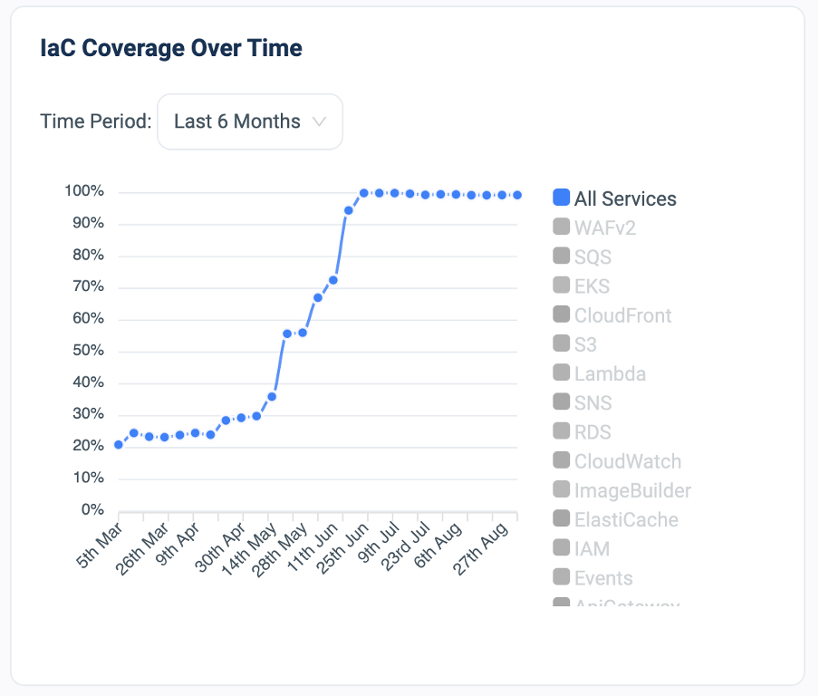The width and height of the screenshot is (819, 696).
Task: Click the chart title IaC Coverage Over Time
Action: click(x=171, y=48)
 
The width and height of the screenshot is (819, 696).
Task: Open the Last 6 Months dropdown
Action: click(x=250, y=121)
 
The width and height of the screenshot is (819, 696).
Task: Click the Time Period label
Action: click(x=96, y=121)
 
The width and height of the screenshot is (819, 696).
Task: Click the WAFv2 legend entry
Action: click(x=604, y=227)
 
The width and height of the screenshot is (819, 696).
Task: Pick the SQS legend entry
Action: click(x=593, y=257)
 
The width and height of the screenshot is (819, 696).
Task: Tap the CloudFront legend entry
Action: click(x=622, y=315)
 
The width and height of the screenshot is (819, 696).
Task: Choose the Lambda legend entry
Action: click(x=609, y=373)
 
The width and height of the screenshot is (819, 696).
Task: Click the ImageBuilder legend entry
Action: click(x=632, y=490)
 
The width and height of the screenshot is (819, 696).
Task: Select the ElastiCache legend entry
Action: click(x=626, y=519)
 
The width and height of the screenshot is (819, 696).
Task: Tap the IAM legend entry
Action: click(x=592, y=548)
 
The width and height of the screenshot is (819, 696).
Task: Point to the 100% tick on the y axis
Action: click(x=84, y=191)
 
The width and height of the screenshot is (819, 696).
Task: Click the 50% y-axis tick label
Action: click(x=87, y=351)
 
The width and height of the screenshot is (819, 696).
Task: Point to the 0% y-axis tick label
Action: click(x=92, y=509)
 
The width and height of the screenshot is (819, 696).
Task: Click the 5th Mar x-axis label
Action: click(x=101, y=547)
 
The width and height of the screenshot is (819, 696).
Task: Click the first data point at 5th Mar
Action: click(x=119, y=444)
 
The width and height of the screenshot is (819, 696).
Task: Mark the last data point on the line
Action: click(x=517, y=195)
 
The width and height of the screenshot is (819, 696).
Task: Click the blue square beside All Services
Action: click(x=561, y=198)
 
